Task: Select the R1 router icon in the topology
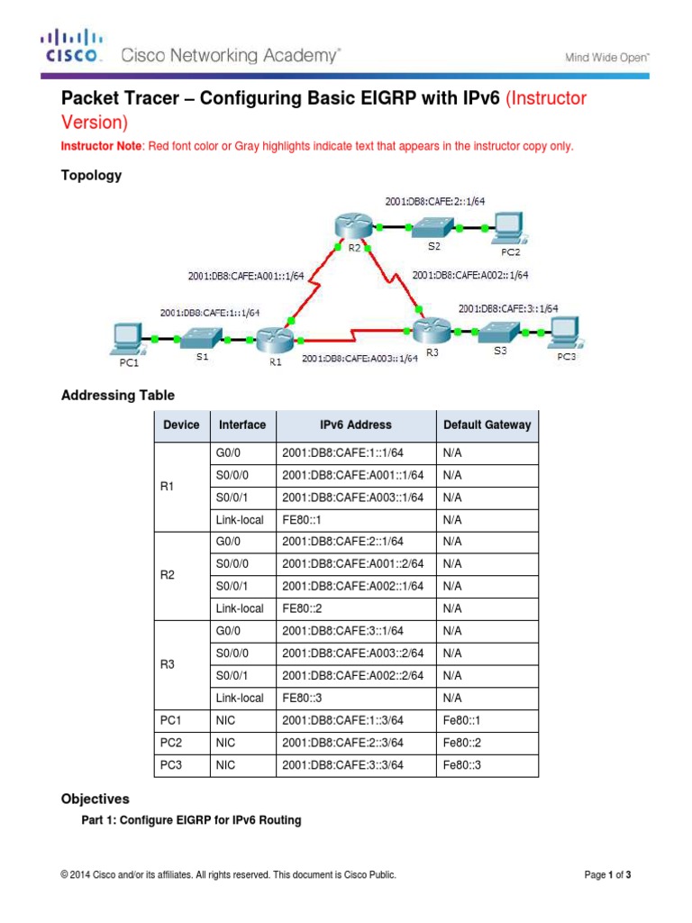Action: [270, 339]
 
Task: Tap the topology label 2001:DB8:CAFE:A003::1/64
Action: [360, 358]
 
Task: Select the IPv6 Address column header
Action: [356, 425]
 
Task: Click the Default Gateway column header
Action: [487, 425]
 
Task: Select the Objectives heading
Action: [95, 799]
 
